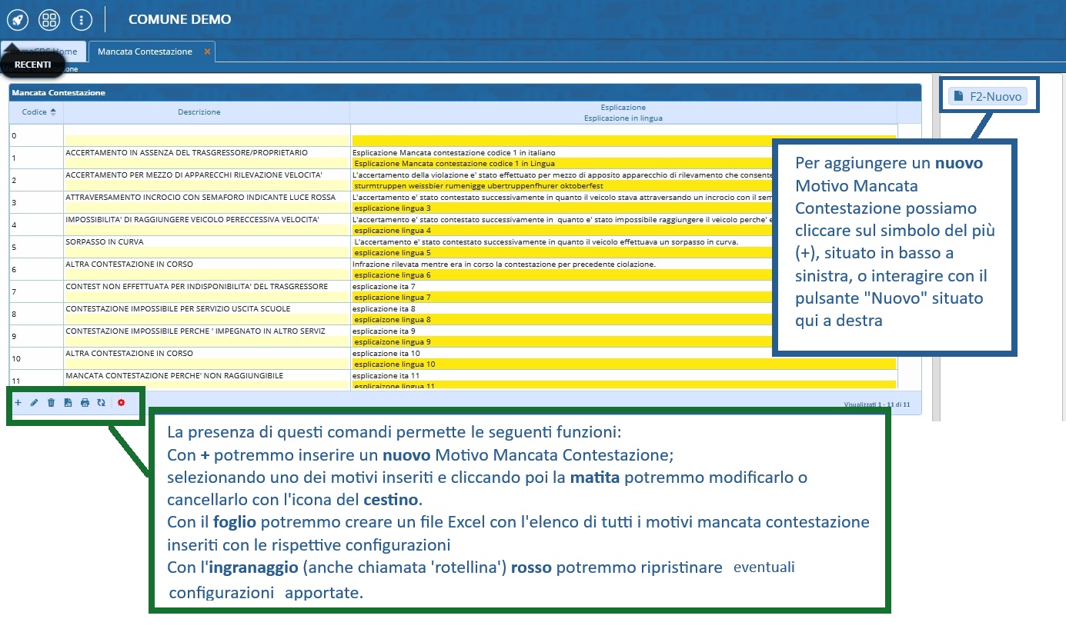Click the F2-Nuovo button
(988, 96)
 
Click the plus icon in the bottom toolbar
(18, 402)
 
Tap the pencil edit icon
(34, 402)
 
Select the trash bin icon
(51, 402)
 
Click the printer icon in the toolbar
(85, 402)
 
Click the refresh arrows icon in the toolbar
(101, 402)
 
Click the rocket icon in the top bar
(18, 19)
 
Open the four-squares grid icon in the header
(49, 19)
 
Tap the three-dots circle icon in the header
(81, 19)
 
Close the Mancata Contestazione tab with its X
(207, 52)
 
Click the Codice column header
(35, 112)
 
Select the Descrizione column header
(199, 112)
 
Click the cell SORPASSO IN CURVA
(105, 242)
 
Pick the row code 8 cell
(15, 314)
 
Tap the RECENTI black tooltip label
(32, 65)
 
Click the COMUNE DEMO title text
(179, 19)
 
